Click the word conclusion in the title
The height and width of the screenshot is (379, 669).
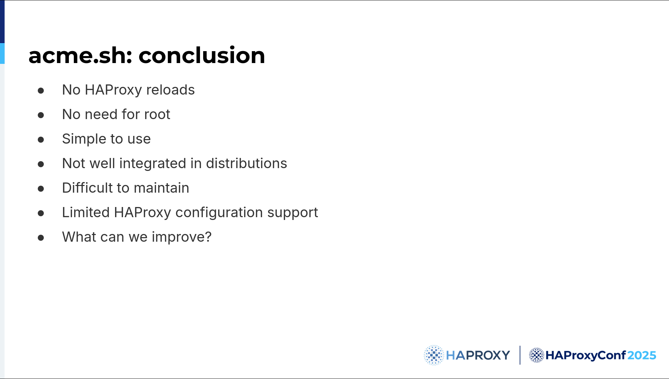(202, 55)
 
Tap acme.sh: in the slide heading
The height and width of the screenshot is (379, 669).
(80, 55)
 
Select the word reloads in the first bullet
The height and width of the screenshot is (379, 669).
(170, 90)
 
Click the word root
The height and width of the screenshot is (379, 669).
(157, 115)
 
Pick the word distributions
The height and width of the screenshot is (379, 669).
(247, 164)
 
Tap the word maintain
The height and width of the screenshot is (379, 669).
(161, 188)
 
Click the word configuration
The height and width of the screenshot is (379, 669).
(219, 213)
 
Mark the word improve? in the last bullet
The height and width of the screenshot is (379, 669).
(182, 237)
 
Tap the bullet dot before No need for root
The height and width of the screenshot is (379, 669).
(41, 115)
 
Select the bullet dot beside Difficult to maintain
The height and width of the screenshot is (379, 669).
(41, 189)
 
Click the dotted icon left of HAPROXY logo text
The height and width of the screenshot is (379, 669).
(434, 355)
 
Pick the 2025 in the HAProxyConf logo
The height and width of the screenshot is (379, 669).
(642, 356)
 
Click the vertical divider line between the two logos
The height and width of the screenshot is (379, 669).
(520, 355)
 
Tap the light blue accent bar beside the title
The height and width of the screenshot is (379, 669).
(2, 53)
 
